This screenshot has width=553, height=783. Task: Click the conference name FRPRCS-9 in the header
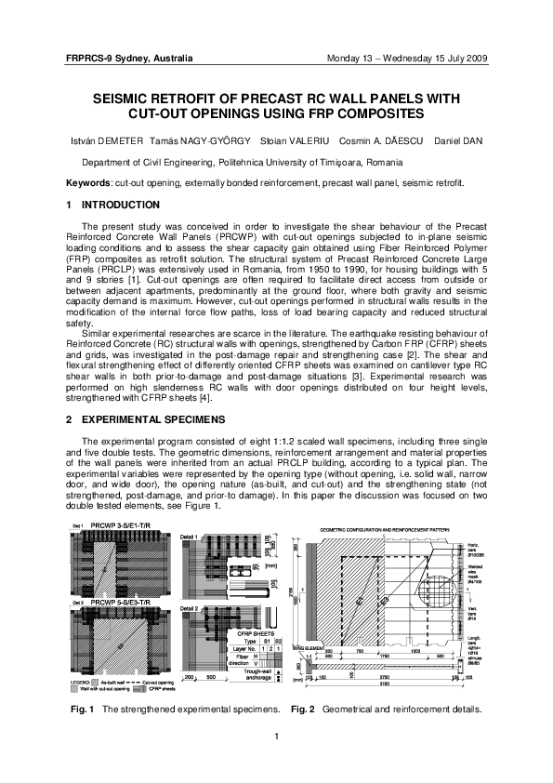point(89,59)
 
